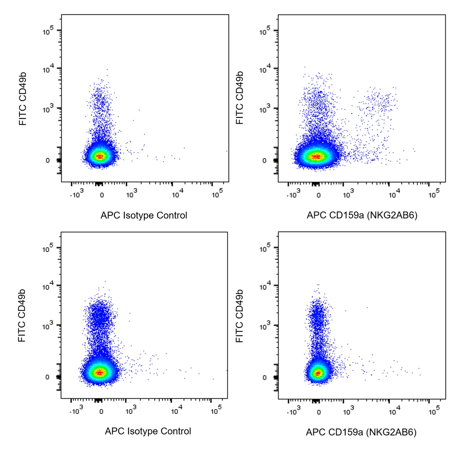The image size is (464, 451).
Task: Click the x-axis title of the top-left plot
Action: (x=144, y=215)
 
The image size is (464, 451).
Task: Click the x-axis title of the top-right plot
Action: (x=362, y=215)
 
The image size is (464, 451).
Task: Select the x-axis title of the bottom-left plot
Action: (x=148, y=431)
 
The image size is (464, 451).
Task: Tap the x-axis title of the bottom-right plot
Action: (x=361, y=432)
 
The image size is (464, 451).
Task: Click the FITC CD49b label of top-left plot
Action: (x=23, y=99)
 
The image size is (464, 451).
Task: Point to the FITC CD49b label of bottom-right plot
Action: (x=239, y=316)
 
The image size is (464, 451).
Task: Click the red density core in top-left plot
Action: (x=100, y=156)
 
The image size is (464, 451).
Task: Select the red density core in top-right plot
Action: (x=316, y=156)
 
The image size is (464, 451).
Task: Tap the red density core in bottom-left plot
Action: (x=100, y=372)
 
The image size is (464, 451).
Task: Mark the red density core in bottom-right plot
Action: (x=317, y=373)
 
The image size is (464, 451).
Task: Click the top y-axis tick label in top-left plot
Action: (x=48, y=31)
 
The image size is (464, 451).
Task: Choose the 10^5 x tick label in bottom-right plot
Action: (x=434, y=411)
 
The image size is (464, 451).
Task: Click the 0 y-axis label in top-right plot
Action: (x=264, y=161)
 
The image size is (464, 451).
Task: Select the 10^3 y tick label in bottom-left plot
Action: (x=48, y=326)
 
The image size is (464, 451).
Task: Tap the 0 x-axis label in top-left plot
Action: (x=102, y=195)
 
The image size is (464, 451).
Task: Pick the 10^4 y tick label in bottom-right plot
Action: (x=265, y=287)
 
